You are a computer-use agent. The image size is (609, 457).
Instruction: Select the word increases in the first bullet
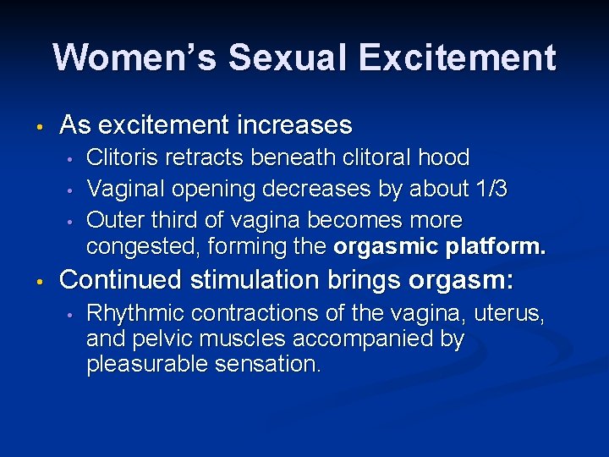[x=296, y=125]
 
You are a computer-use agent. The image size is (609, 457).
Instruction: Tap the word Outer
[x=114, y=220]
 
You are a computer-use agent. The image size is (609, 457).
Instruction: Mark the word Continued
[x=121, y=278]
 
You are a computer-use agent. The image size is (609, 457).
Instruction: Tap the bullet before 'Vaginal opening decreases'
[x=73, y=190]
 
